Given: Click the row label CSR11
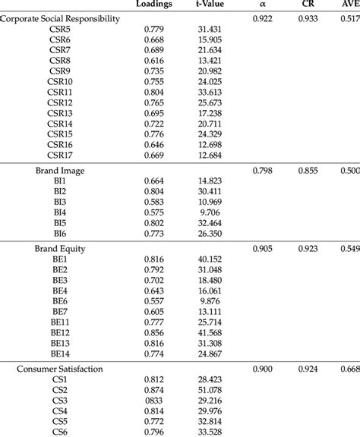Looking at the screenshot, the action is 60,91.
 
